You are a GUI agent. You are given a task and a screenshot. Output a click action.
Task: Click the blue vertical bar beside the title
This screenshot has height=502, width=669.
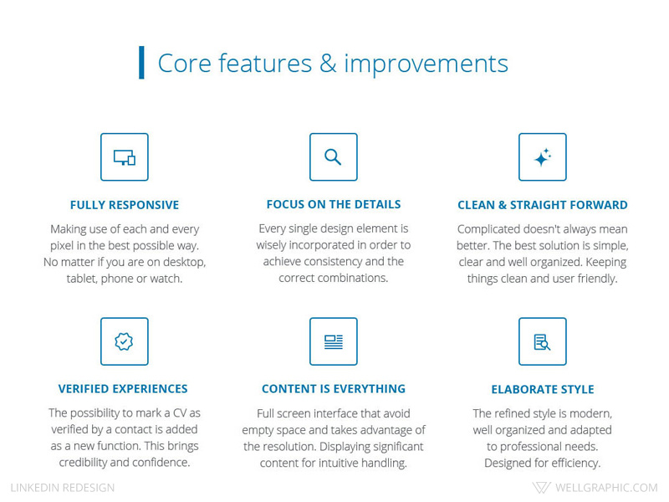(x=141, y=63)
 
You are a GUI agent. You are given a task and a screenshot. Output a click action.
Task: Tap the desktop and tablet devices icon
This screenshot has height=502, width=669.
(x=124, y=157)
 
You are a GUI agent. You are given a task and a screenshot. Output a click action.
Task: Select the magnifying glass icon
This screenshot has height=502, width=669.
(x=333, y=157)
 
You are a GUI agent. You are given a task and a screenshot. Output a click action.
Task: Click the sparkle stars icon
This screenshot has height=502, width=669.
(x=542, y=157)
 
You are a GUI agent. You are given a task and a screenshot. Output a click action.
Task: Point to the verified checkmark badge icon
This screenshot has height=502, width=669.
(x=124, y=341)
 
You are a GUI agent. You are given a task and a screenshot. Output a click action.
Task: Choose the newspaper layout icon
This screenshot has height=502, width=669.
(x=333, y=341)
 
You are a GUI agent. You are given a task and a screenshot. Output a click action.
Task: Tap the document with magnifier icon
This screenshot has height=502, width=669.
(x=542, y=341)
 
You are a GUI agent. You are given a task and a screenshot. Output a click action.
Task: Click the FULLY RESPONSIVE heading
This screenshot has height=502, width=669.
(x=124, y=205)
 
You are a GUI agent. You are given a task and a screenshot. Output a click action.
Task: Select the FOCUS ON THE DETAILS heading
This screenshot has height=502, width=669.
(x=333, y=204)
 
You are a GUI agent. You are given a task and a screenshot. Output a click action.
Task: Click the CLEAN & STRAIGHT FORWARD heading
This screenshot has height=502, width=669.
(x=542, y=205)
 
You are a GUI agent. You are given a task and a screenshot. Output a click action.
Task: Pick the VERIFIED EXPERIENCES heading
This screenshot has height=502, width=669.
(x=123, y=389)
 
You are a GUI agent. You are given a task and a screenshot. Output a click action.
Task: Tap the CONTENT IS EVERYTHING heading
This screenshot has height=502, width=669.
(x=333, y=389)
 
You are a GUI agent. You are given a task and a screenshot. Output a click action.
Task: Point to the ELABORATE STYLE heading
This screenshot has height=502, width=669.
(x=542, y=390)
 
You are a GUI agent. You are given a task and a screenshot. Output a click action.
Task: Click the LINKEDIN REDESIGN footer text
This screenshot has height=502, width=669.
(x=63, y=488)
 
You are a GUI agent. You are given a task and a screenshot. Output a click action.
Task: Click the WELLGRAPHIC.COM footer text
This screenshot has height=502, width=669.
(x=606, y=488)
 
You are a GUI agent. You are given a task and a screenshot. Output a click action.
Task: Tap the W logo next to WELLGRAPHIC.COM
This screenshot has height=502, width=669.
(x=541, y=488)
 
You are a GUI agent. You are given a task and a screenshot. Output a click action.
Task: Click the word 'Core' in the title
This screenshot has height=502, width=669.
(x=182, y=64)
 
